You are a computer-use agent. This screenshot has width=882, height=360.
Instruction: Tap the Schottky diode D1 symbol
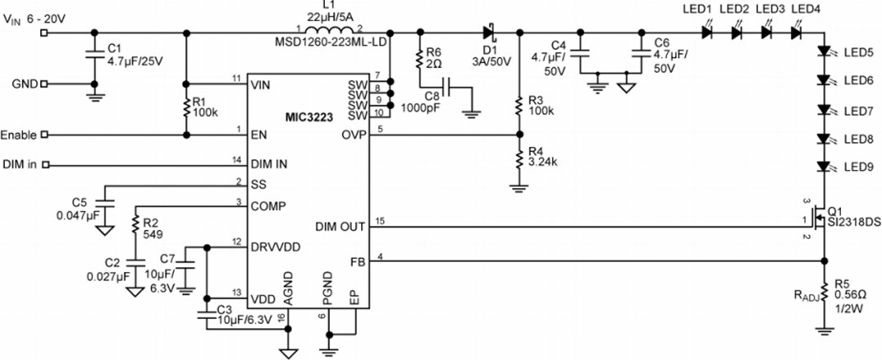[x=490, y=33]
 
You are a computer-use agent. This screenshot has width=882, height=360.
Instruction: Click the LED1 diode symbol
[x=707, y=33]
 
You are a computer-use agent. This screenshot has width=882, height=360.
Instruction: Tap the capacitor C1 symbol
[x=90, y=58]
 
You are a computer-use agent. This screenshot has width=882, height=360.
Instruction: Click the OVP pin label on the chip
[x=354, y=135]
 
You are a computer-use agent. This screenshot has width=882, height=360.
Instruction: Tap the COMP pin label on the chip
[x=269, y=206]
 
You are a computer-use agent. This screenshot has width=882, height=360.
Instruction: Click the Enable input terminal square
[x=44, y=135]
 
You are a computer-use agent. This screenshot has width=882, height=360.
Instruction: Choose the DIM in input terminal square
[x=44, y=166]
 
